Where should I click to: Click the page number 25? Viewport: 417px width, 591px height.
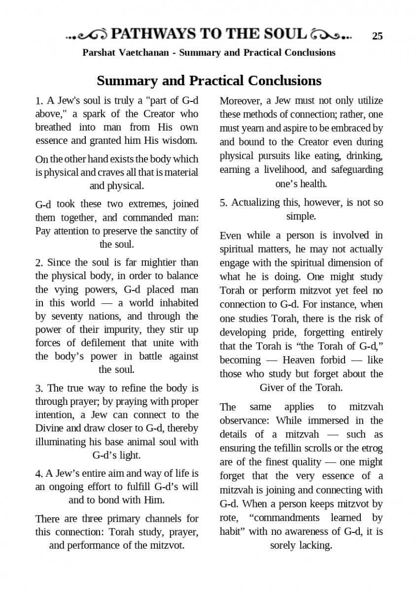click(x=377, y=35)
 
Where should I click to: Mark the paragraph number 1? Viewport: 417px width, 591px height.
click(x=39, y=101)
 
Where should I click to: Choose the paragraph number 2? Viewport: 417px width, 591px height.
click(x=39, y=263)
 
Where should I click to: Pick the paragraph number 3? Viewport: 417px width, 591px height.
click(x=39, y=388)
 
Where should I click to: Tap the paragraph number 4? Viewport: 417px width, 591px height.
click(x=39, y=474)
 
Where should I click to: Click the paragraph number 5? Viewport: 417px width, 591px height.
click(x=224, y=202)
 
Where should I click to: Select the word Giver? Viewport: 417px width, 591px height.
click(x=272, y=388)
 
